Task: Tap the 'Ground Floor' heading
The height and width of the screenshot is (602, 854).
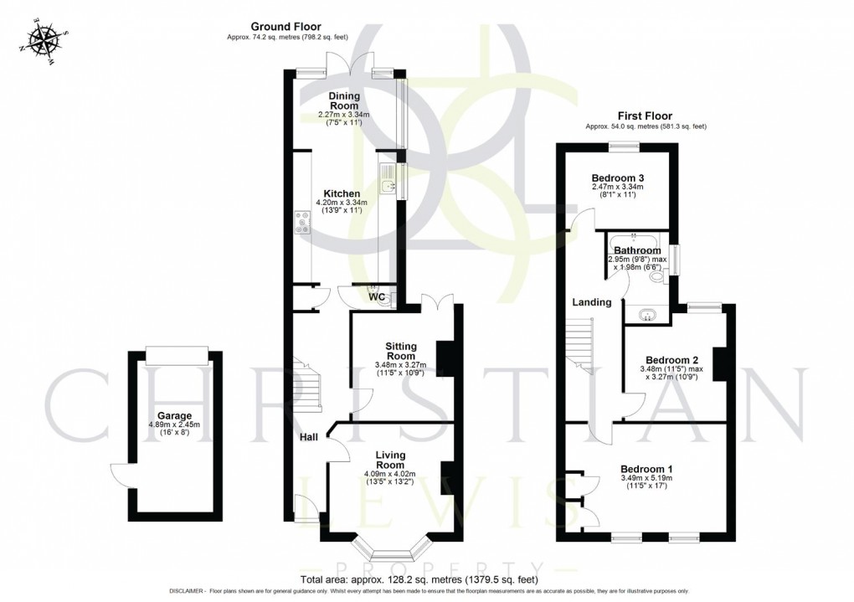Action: tap(286, 27)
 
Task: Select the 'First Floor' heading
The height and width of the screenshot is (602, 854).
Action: tap(645, 116)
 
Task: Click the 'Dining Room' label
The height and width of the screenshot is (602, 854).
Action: tap(343, 101)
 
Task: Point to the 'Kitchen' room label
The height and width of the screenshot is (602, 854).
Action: tap(343, 193)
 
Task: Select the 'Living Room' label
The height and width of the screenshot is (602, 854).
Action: tap(390, 460)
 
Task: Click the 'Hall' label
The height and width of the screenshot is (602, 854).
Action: tap(309, 437)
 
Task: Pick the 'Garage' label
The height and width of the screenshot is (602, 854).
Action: tap(174, 415)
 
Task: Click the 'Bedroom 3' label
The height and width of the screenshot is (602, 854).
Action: tap(617, 178)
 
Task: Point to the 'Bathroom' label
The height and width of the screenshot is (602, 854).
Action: tap(637, 250)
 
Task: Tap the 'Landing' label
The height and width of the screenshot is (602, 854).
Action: tap(591, 302)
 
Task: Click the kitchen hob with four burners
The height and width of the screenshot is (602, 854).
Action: tap(301, 224)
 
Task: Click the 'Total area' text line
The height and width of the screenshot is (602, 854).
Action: tap(419, 579)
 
